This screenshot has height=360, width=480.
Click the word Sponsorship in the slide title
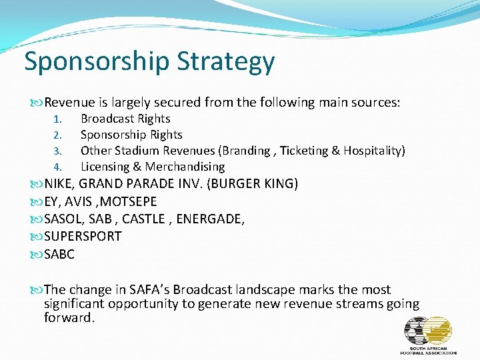pyautogui.click(x=97, y=61)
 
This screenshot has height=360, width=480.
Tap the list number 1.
pyautogui.click(x=57, y=119)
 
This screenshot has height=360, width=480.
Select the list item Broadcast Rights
pyautogui.click(x=125, y=119)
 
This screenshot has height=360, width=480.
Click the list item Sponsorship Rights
pyautogui.click(x=131, y=135)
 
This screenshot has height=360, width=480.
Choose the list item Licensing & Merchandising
pyautogui.click(x=153, y=167)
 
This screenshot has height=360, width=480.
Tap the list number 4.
pyautogui.click(x=57, y=167)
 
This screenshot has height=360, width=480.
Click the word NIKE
pyautogui.click(x=59, y=183)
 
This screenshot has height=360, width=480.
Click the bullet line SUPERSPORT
pyautogui.click(x=83, y=237)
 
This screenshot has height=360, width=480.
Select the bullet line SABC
pyautogui.click(x=59, y=254)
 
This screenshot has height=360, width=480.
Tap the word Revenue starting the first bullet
pyautogui.click(x=71, y=102)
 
